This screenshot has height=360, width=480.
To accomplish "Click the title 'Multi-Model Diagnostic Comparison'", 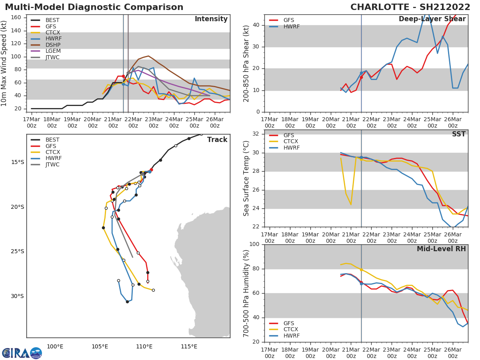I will click(x=94, y=7).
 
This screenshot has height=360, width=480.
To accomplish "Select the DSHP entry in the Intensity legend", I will click(x=52, y=45).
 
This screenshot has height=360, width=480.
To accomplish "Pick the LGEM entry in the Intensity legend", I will click(x=53, y=51).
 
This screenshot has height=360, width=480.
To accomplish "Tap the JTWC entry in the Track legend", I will click(x=52, y=165).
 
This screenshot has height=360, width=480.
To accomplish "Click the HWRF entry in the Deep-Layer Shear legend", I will click(x=291, y=27).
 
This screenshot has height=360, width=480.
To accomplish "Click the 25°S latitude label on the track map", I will click(x=17, y=252).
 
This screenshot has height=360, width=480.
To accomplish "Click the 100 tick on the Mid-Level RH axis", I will click(x=253, y=244).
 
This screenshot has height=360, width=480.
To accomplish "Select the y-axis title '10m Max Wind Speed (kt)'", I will click(x=4, y=63).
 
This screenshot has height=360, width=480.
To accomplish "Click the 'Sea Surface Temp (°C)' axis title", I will click(x=246, y=178).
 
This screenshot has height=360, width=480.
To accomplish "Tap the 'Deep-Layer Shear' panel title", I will click(x=432, y=19).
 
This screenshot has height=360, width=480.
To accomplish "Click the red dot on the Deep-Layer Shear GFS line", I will click(x=361, y=77).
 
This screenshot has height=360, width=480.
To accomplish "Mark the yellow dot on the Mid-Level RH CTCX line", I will click(x=361, y=270).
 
